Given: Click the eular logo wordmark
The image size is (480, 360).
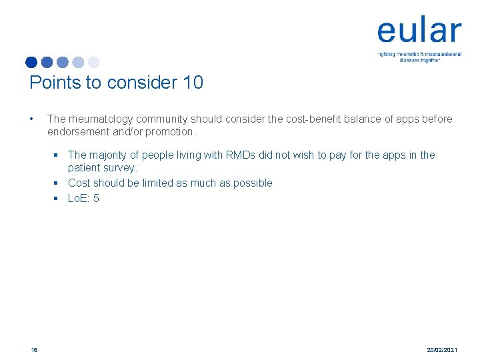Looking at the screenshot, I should click(x=419, y=31).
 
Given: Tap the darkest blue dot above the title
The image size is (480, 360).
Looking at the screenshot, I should click(x=31, y=63).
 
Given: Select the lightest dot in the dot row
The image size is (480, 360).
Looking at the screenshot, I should click(x=94, y=63).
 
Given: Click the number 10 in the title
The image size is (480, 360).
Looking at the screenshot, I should click(x=192, y=83).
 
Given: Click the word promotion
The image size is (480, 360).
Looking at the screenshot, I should click(x=169, y=131).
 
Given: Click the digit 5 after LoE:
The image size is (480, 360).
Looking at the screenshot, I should click(x=96, y=198).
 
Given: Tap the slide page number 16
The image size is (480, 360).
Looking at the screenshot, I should click(x=33, y=349).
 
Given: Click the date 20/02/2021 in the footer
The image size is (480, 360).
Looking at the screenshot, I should click(x=442, y=349).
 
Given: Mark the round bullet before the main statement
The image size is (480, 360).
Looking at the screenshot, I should click(x=32, y=119).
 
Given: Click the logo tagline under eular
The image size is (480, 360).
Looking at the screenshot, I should click(x=419, y=57).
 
